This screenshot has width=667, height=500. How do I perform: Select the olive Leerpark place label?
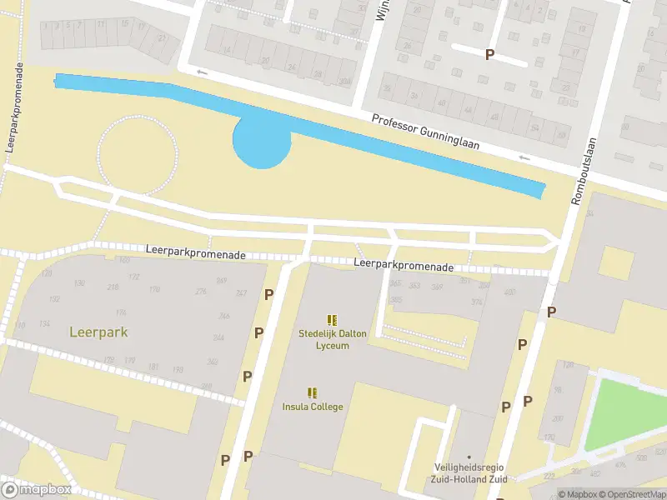[98, 332]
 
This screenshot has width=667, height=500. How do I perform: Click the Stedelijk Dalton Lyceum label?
[332, 339]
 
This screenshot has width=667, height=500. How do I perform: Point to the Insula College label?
[313, 407]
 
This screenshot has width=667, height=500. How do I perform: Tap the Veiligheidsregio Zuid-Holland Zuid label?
[469, 472]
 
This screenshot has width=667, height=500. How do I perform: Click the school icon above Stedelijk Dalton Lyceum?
[332, 319]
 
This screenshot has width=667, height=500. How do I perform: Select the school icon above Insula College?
[313, 392]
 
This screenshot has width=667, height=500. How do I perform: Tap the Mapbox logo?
[36, 489]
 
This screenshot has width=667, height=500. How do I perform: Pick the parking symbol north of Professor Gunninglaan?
[489, 54]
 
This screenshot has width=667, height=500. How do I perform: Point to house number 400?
[509, 291]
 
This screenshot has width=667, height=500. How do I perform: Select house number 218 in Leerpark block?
[113, 287]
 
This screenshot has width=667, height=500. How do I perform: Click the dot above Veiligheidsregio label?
[469, 456]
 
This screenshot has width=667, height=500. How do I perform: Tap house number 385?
[395, 299]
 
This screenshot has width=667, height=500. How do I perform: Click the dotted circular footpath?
[138, 155]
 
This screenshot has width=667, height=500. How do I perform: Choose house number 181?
[153, 367]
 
